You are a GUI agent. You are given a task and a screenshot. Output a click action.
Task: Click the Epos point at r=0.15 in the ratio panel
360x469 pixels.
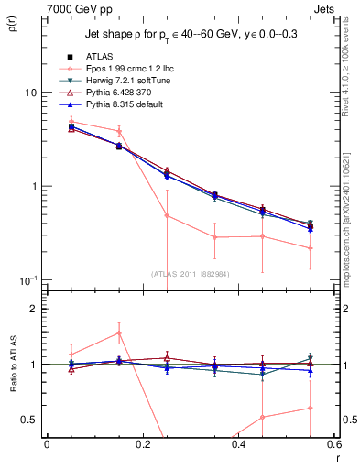click(118, 333)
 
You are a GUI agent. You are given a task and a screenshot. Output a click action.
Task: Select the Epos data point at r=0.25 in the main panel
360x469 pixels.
click(167, 216)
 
